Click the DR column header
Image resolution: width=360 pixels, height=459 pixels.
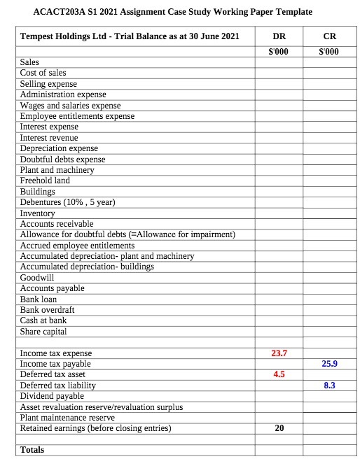click(x=279, y=36)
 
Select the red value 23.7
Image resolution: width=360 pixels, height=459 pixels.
click(x=279, y=353)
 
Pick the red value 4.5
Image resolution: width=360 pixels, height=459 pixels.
click(x=279, y=374)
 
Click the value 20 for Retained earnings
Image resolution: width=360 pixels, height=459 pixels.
click(x=279, y=428)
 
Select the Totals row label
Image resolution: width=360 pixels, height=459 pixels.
click(x=32, y=449)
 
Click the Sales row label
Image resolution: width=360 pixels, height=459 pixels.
click(x=29, y=62)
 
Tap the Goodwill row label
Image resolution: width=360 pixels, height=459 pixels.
click(x=37, y=277)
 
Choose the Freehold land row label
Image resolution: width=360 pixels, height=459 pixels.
click(x=45, y=181)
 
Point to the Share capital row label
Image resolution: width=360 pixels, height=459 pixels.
click(x=43, y=331)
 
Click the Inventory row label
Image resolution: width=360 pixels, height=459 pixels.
click(x=38, y=213)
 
